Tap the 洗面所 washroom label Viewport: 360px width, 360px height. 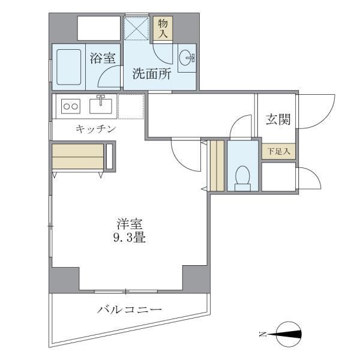pyautogui.click(x=152, y=76)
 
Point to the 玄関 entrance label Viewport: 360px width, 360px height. pyautogui.click(x=278, y=119)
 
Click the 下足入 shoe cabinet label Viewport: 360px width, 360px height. pyautogui.click(x=278, y=151)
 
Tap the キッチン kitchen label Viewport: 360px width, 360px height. pyautogui.click(x=95, y=128)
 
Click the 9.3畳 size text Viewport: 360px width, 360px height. pyautogui.click(x=130, y=238)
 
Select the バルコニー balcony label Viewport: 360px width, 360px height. pyautogui.click(x=130, y=310)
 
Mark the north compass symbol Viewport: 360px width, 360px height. pyautogui.click(x=289, y=335)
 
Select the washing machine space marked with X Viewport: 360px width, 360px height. pyautogui.click(x=136, y=28)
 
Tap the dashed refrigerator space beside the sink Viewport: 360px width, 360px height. pyautogui.click(x=130, y=106)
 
